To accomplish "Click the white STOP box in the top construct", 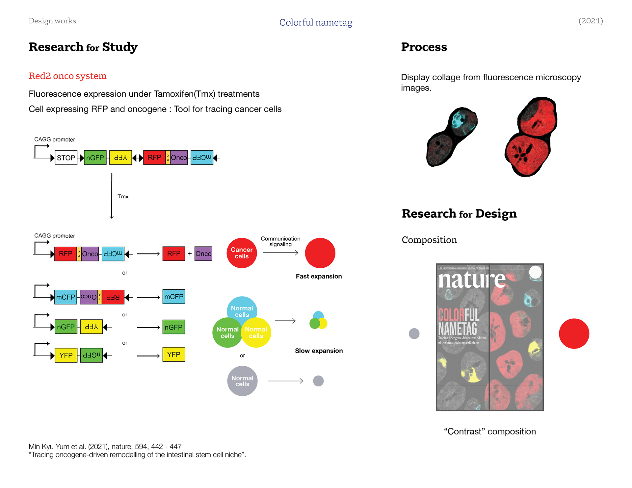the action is pyautogui.click(x=66, y=158).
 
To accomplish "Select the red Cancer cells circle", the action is pyautogui.click(x=242, y=253).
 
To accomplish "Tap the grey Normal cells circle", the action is pyautogui.click(x=242, y=381).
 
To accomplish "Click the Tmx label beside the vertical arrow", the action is pyautogui.click(x=123, y=197).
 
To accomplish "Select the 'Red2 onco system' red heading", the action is pyautogui.click(x=67, y=76).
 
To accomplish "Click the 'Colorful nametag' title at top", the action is pyautogui.click(x=316, y=22).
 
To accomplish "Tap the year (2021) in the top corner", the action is pyautogui.click(x=591, y=21).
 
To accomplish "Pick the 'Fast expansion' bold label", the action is pyautogui.click(x=319, y=277).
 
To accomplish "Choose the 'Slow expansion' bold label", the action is pyautogui.click(x=319, y=351).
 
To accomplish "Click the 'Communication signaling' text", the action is pyautogui.click(x=280, y=241).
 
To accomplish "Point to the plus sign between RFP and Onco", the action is pyautogui.click(x=190, y=254).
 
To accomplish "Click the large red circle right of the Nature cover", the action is pyautogui.click(x=574, y=333).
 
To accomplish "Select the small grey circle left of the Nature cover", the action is pyautogui.click(x=414, y=333).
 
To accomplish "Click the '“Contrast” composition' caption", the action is pyautogui.click(x=490, y=431).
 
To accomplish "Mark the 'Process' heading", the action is pyautogui.click(x=424, y=47).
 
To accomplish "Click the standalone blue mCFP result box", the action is pyautogui.click(x=174, y=297).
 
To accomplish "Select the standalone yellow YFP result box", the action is pyautogui.click(x=174, y=354).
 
